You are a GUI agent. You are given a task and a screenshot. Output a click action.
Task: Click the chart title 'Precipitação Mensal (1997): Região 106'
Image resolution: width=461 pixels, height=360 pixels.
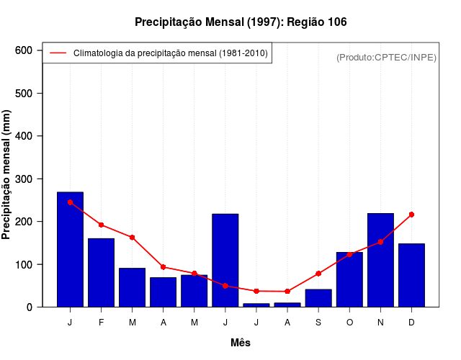(x=241, y=22)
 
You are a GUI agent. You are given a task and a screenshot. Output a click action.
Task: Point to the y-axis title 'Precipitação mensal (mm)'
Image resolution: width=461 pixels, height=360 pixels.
(x=7, y=175)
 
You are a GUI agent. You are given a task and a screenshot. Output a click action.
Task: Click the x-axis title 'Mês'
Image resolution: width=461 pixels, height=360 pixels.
(x=241, y=343)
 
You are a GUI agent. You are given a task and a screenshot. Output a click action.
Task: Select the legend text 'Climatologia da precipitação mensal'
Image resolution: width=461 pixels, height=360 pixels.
(x=171, y=53)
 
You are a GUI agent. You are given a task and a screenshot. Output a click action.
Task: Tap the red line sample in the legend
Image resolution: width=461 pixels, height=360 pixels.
(x=58, y=53)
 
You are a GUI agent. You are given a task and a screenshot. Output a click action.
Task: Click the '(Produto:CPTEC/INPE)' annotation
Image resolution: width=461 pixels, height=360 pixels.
(x=386, y=57)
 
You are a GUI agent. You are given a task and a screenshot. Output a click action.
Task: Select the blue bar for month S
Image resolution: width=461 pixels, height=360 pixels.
(x=318, y=298)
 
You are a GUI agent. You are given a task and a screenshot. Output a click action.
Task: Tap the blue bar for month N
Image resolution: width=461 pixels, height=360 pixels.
(x=380, y=260)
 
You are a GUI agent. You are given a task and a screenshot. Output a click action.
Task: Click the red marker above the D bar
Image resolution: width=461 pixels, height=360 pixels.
(x=411, y=215)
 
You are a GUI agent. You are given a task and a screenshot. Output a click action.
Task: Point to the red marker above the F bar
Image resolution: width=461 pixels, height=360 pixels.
(x=101, y=225)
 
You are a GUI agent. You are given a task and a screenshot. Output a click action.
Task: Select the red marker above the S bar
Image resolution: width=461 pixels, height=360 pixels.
(x=318, y=274)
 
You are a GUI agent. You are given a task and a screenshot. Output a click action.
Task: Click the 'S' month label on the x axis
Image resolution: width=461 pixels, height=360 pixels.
(x=318, y=322)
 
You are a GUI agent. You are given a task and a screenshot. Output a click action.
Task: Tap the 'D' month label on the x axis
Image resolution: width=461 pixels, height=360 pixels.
(x=411, y=322)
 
